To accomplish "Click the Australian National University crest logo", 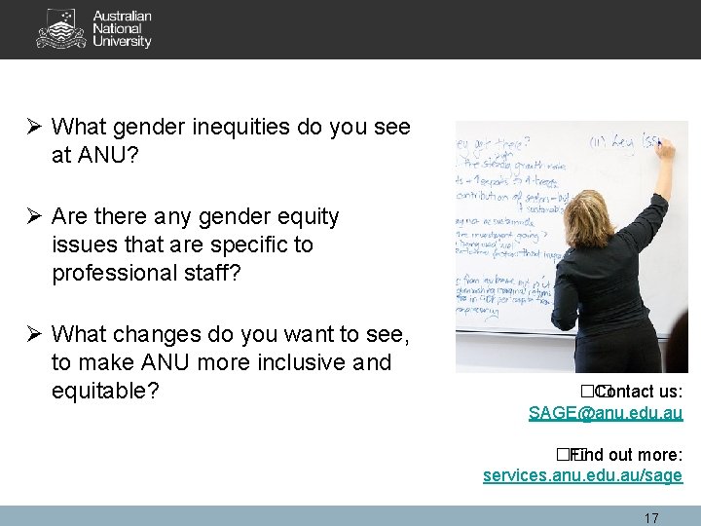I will (x=61, y=29).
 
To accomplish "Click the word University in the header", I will (x=122, y=42).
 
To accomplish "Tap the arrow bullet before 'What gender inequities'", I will (x=35, y=127).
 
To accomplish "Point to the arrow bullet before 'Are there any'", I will (x=35, y=216).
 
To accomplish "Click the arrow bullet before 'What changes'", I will (x=35, y=335).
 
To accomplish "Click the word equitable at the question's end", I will (x=103, y=391).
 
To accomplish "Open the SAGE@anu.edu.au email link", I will (x=605, y=413).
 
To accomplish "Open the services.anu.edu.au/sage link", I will (x=582, y=475).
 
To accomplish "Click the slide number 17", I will (x=651, y=517).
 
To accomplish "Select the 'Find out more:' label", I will (x=625, y=454).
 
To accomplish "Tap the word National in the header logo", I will (x=116, y=29).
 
